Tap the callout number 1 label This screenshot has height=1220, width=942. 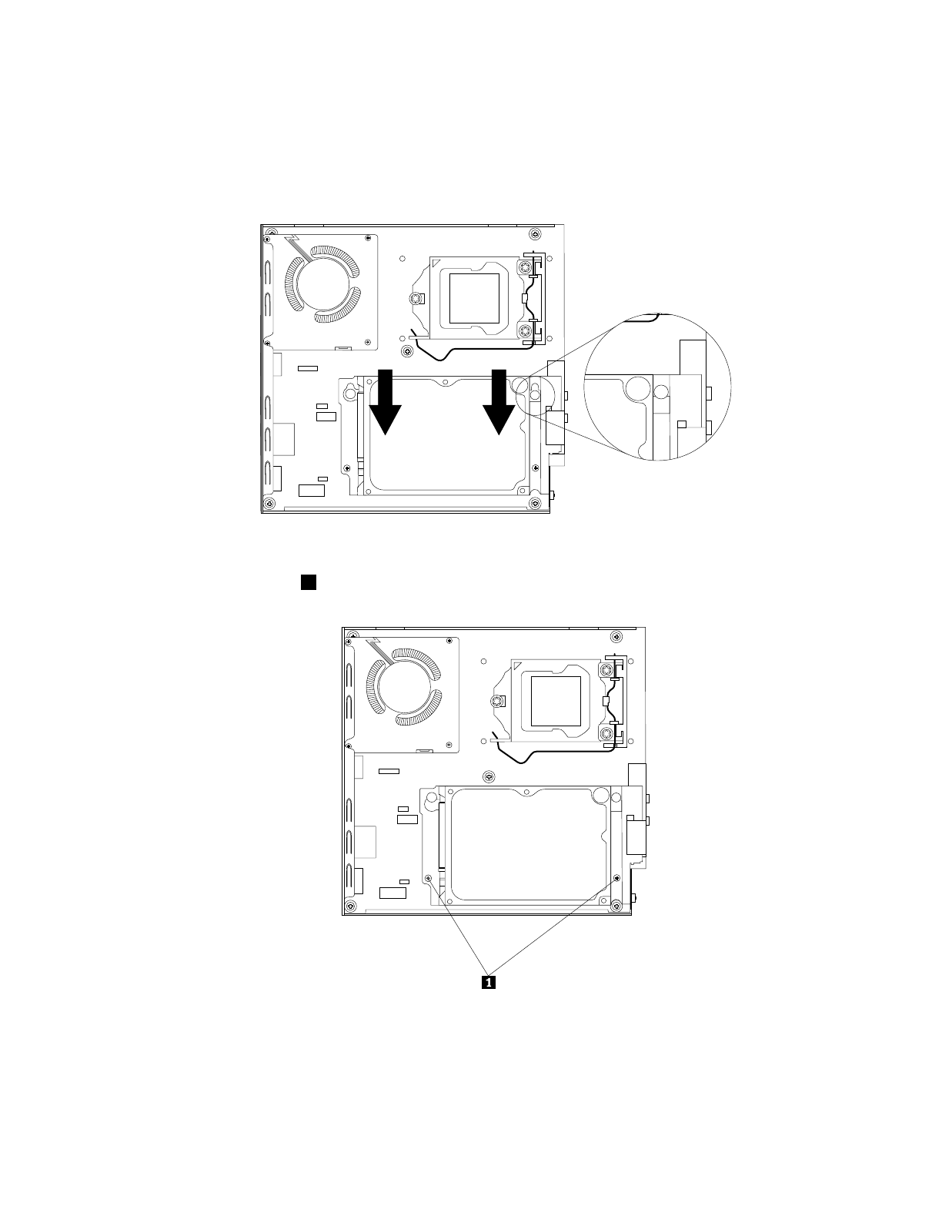pyautogui.click(x=489, y=983)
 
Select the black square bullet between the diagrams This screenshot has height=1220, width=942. pyautogui.click(x=309, y=582)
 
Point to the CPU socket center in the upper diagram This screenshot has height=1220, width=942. pyautogui.click(x=475, y=298)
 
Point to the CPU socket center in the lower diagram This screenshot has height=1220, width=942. pyautogui.click(x=556, y=701)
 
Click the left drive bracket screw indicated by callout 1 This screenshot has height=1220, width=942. pyautogui.click(x=428, y=877)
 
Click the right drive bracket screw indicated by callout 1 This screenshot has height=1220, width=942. pyautogui.click(x=617, y=877)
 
